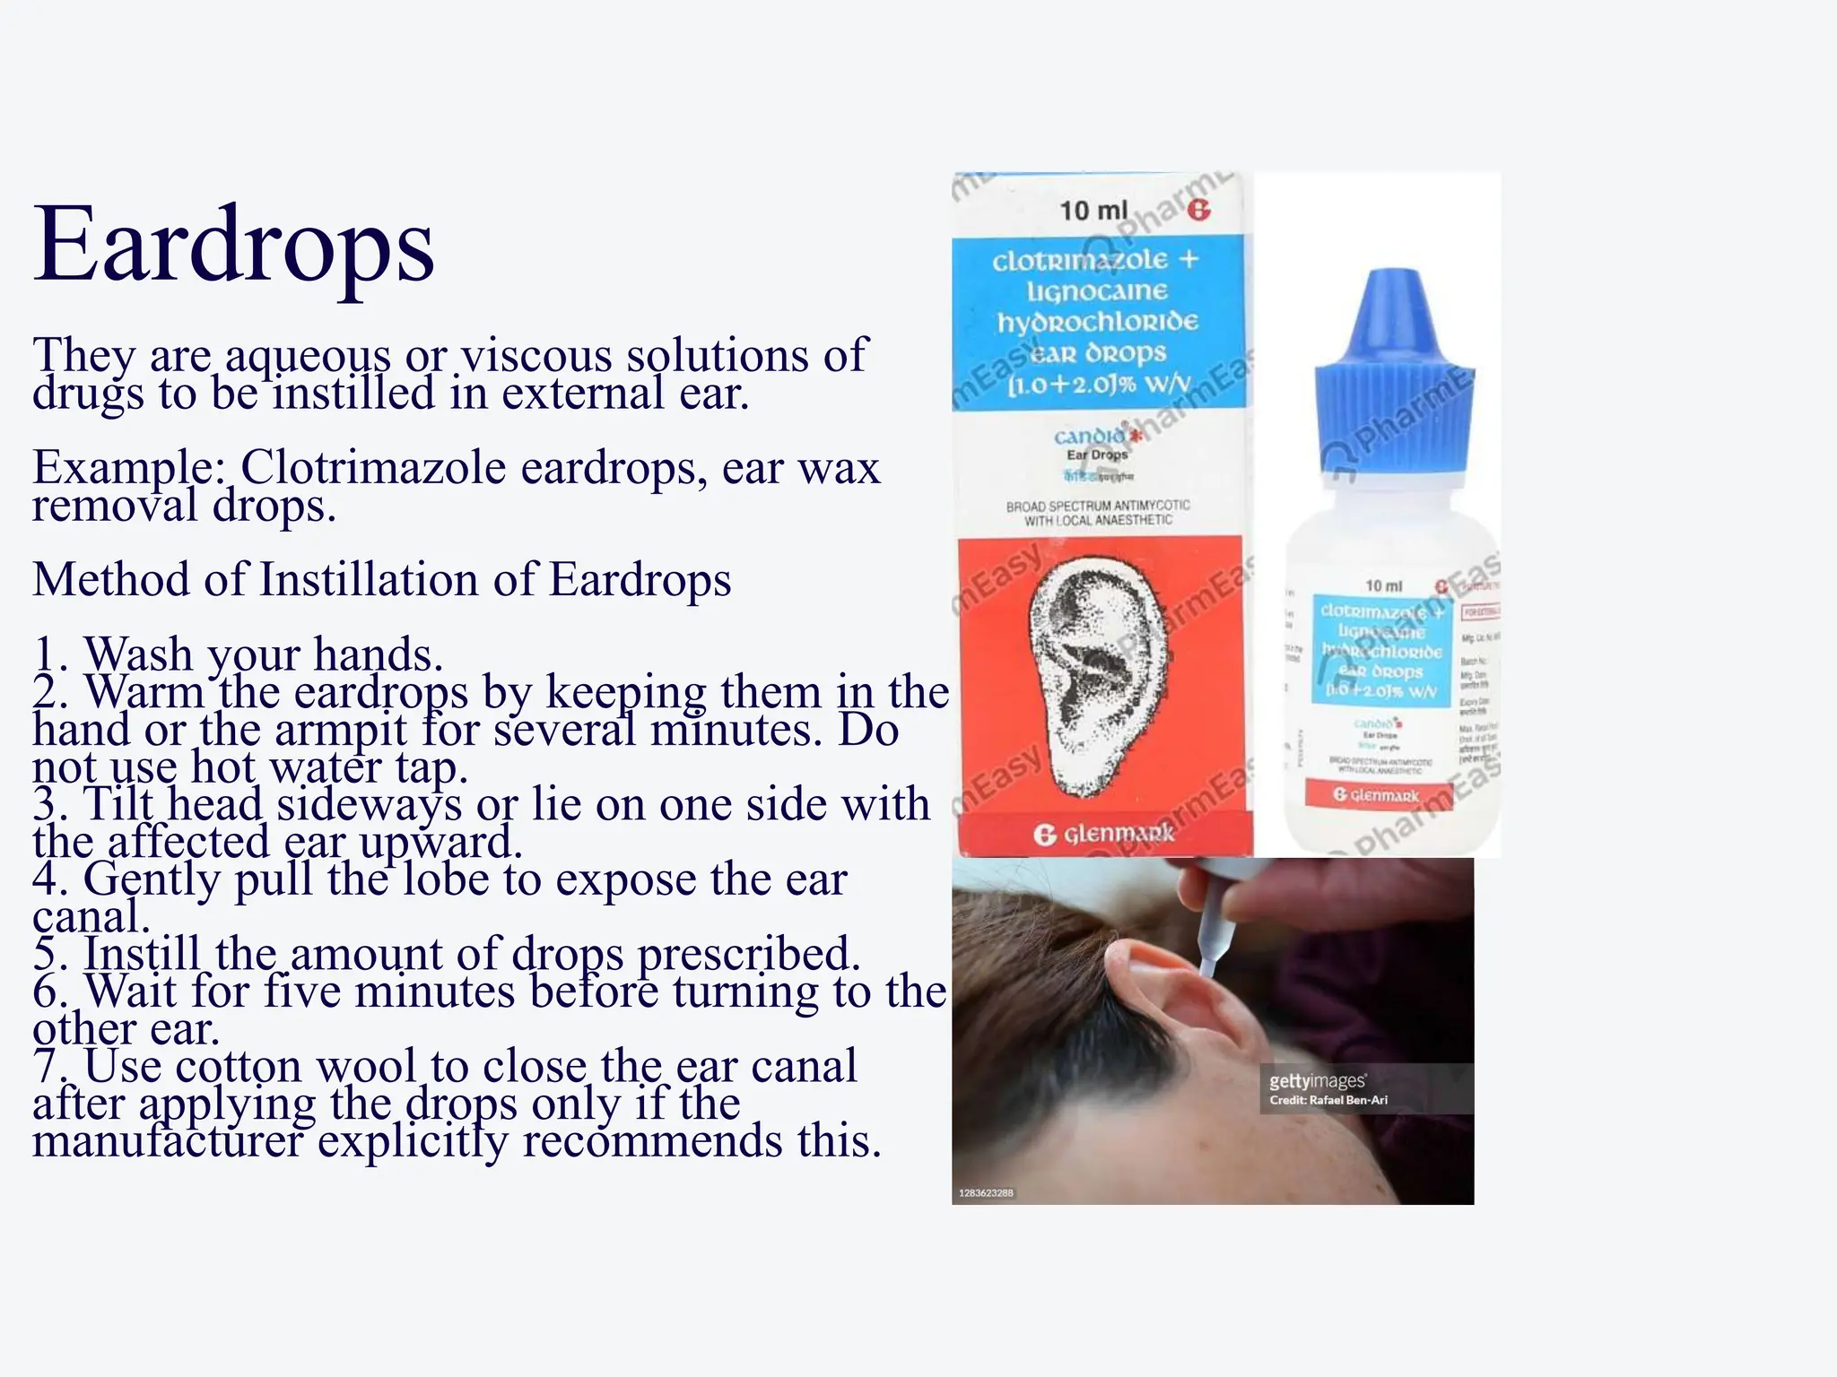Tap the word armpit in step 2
point(341,730)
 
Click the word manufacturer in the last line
point(168,1141)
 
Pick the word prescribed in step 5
point(748,954)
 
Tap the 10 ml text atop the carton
point(1093,211)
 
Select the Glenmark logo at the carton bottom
point(1104,834)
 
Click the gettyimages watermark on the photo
point(1317,1081)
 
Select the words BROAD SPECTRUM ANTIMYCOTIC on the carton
point(1098,507)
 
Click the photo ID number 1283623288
point(986,1193)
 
